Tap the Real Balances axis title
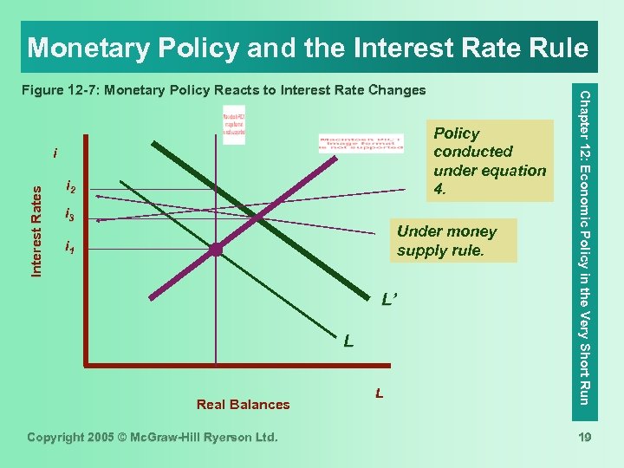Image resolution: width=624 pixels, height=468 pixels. pyautogui.click(x=243, y=404)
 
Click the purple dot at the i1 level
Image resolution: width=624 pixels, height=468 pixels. pyautogui.click(x=215, y=250)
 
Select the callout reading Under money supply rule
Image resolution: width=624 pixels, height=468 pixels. pyautogui.click(x=447, y=241)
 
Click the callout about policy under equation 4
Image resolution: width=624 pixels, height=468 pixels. pyautogui.click(x=489, y=161)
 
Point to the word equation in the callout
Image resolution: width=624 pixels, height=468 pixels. pyautogui.click(x=515, y=170)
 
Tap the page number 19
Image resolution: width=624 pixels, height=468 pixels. pyautogui.click(x=583, y=438)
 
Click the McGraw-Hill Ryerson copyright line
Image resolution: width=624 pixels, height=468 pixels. pyautogui.click(x=153, y=438)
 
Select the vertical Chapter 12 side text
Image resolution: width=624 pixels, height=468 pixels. pyautogui.click(x=585, y=246)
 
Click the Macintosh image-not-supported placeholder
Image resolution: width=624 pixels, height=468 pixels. pyautogui.click(x=361, y=141)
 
